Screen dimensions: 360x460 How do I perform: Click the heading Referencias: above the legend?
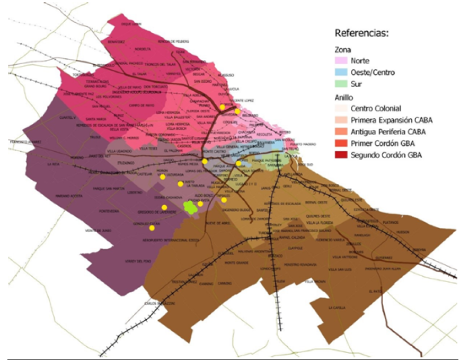(361, 33)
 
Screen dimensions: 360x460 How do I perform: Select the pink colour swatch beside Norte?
(342, 60)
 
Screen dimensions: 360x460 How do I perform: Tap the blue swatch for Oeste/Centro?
(342, 72)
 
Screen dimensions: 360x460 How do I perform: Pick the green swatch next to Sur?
(342, 84)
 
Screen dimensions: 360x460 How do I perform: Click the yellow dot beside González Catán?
(152, 228)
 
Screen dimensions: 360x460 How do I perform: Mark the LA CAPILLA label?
(337, 308)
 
